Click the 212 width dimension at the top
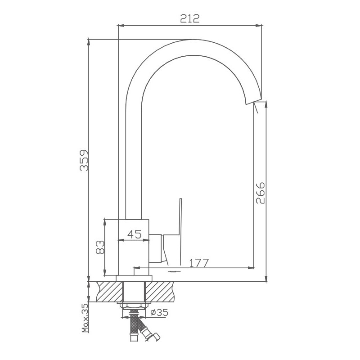tap(189, 18)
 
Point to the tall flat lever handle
tap(180, 220)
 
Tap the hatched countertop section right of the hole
tap(160, 292)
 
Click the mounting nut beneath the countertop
tap(134, 306)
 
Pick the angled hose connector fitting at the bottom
tap(148, 333)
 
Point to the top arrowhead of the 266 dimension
tap(266, 103)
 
